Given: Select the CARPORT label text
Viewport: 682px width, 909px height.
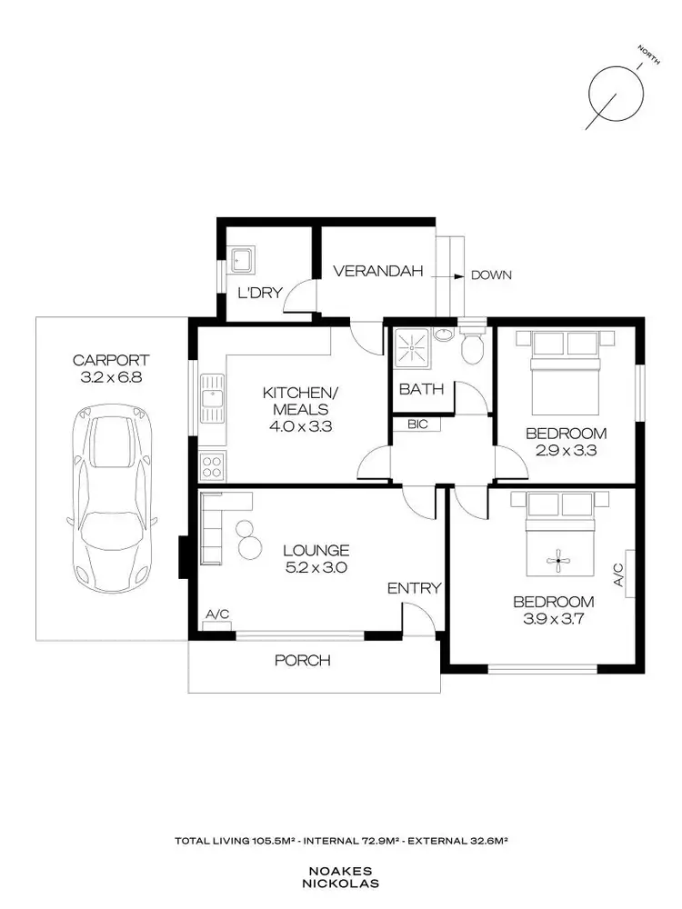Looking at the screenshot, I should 111,360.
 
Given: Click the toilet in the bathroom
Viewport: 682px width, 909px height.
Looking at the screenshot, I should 472,346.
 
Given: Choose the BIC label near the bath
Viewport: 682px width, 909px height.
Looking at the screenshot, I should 417,424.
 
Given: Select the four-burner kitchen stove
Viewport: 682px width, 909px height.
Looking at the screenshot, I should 212,467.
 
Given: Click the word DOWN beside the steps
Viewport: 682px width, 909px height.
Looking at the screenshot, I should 492,275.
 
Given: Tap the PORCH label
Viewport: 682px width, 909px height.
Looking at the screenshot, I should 303,660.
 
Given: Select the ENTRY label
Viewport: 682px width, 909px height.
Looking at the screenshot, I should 414,588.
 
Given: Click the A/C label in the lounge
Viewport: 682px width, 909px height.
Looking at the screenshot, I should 217,615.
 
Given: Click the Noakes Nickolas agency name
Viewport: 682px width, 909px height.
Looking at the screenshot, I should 341,874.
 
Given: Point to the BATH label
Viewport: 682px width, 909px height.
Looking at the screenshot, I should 422,389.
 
